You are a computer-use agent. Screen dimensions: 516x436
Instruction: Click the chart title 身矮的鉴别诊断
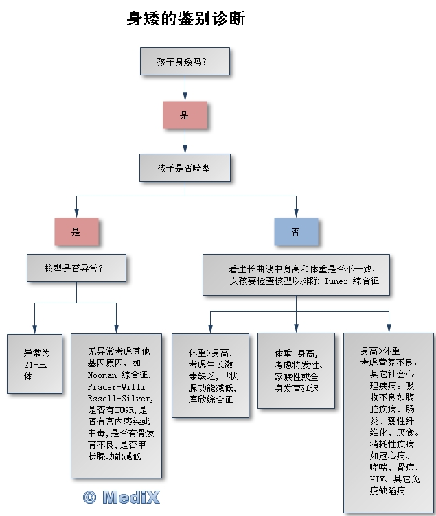coord(185,19)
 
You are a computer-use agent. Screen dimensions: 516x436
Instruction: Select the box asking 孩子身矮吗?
coord(183,61)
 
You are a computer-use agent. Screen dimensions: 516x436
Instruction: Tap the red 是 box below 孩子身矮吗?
coord(184,115)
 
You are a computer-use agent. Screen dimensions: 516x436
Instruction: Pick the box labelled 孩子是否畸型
coord(183,167)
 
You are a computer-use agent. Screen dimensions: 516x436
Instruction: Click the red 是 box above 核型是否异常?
coord(76,232)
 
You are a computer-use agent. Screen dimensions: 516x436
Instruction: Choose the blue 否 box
coord(296,232)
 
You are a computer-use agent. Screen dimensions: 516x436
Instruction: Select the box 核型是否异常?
coord(76,268)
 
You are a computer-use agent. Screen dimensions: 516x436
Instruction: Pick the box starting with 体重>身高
coord(211,375)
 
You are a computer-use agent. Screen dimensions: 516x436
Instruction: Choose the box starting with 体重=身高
coord(296,371)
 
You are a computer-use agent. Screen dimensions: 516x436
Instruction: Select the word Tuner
coord(336,281)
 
